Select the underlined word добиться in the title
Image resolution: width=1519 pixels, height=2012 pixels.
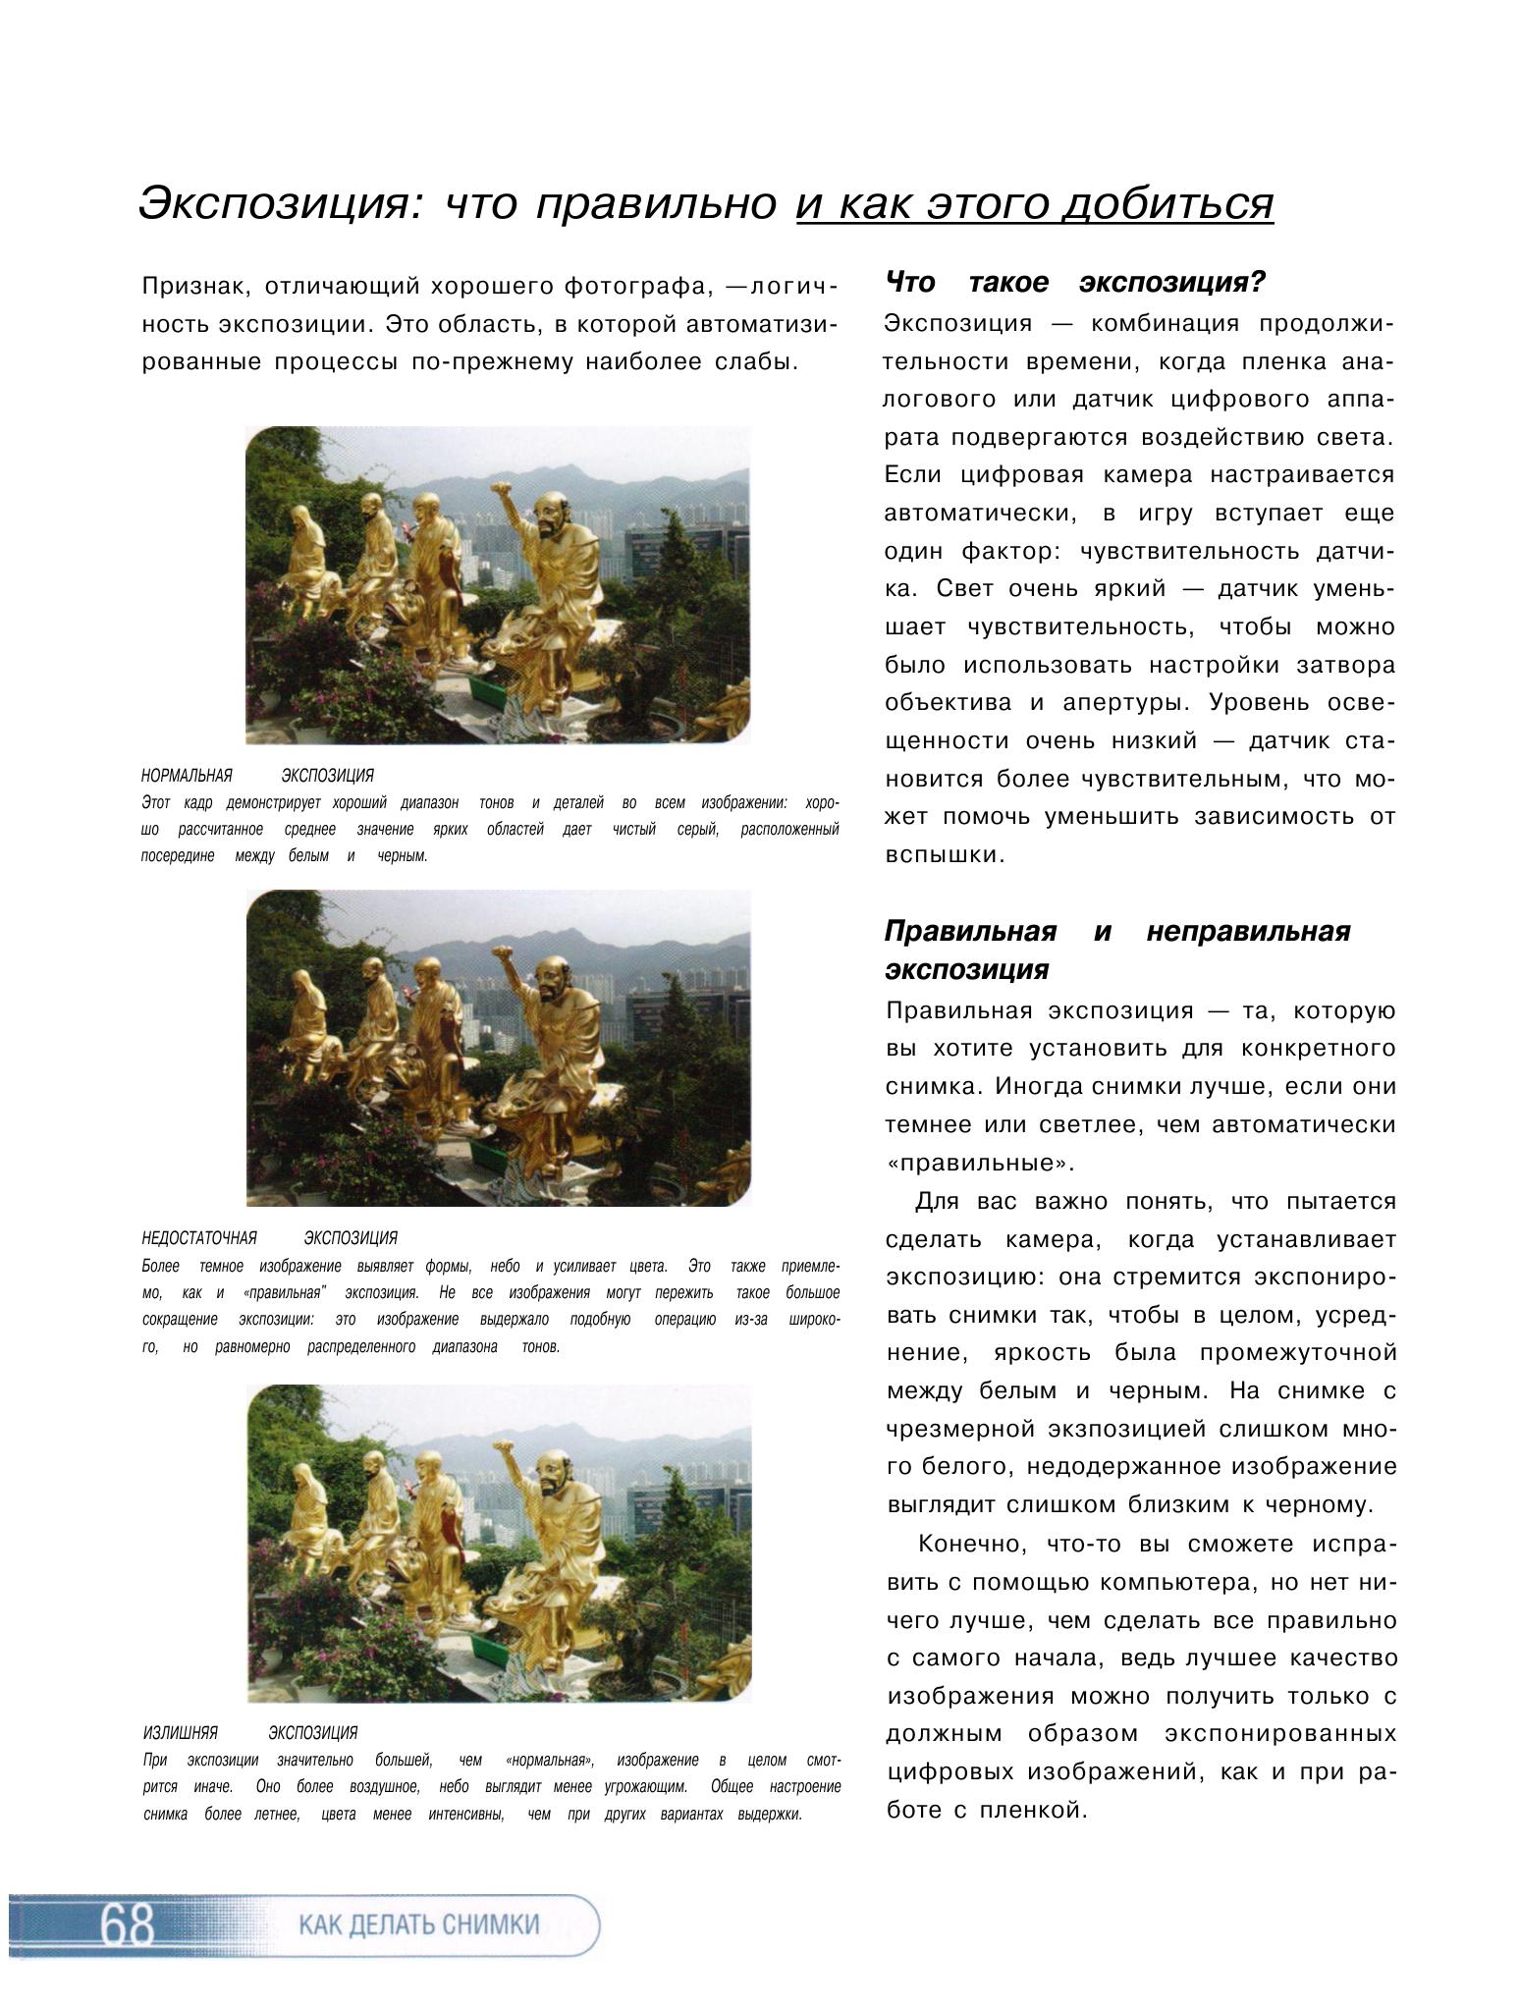pos(1169,203)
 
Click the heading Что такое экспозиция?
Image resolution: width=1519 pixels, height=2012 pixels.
pos(1075,284)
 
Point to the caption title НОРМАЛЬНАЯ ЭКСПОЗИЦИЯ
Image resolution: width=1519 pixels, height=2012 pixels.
pos(257,776)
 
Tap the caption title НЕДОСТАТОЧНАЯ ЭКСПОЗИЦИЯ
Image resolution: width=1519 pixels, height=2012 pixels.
pos(269,1238)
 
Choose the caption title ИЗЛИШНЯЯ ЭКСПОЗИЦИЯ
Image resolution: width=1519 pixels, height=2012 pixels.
pos(249,1733)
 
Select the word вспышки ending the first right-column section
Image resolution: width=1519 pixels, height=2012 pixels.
pos(931,855)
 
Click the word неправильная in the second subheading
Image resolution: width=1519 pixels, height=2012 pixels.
pos(1248,931)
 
